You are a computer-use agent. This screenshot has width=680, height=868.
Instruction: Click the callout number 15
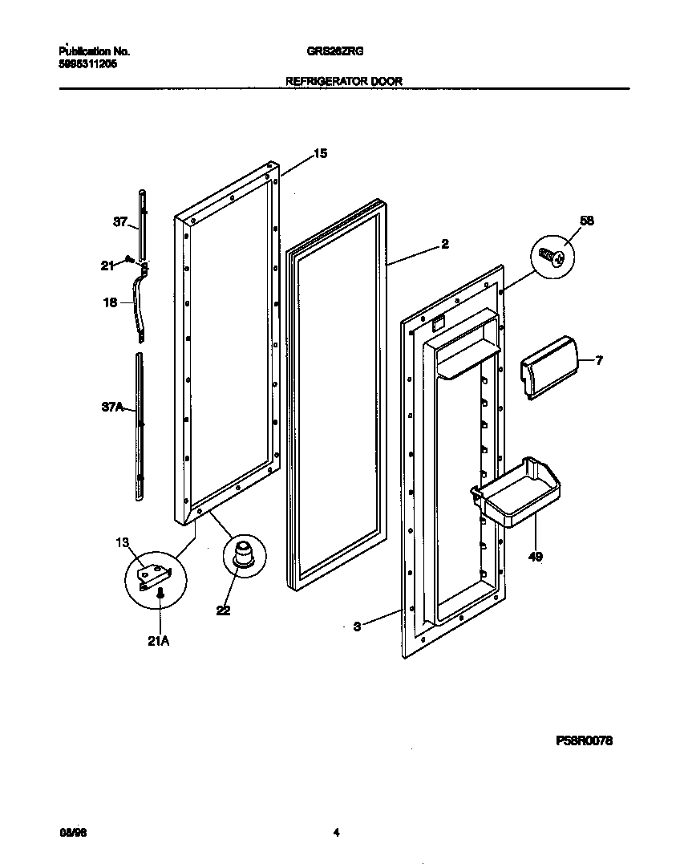point(320,153)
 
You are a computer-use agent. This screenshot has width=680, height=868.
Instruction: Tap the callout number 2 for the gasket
point(444,245)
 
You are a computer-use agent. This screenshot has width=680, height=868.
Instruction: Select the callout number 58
point(586,221)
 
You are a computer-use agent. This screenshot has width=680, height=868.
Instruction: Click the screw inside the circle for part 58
point(552,257)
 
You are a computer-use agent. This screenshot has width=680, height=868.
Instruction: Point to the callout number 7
point(598,361)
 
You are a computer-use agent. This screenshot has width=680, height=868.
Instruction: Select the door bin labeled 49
point(515,492)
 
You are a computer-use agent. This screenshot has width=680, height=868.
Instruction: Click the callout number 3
point(357,627)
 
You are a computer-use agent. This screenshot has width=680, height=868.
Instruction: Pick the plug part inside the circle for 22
point(241,554)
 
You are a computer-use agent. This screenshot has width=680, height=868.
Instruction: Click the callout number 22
point(223,610)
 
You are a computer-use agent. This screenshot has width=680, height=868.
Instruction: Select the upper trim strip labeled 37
point(142,221)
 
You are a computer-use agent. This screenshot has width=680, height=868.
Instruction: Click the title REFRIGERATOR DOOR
point(344,81)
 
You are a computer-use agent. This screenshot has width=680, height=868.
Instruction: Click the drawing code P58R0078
point(584,742)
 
